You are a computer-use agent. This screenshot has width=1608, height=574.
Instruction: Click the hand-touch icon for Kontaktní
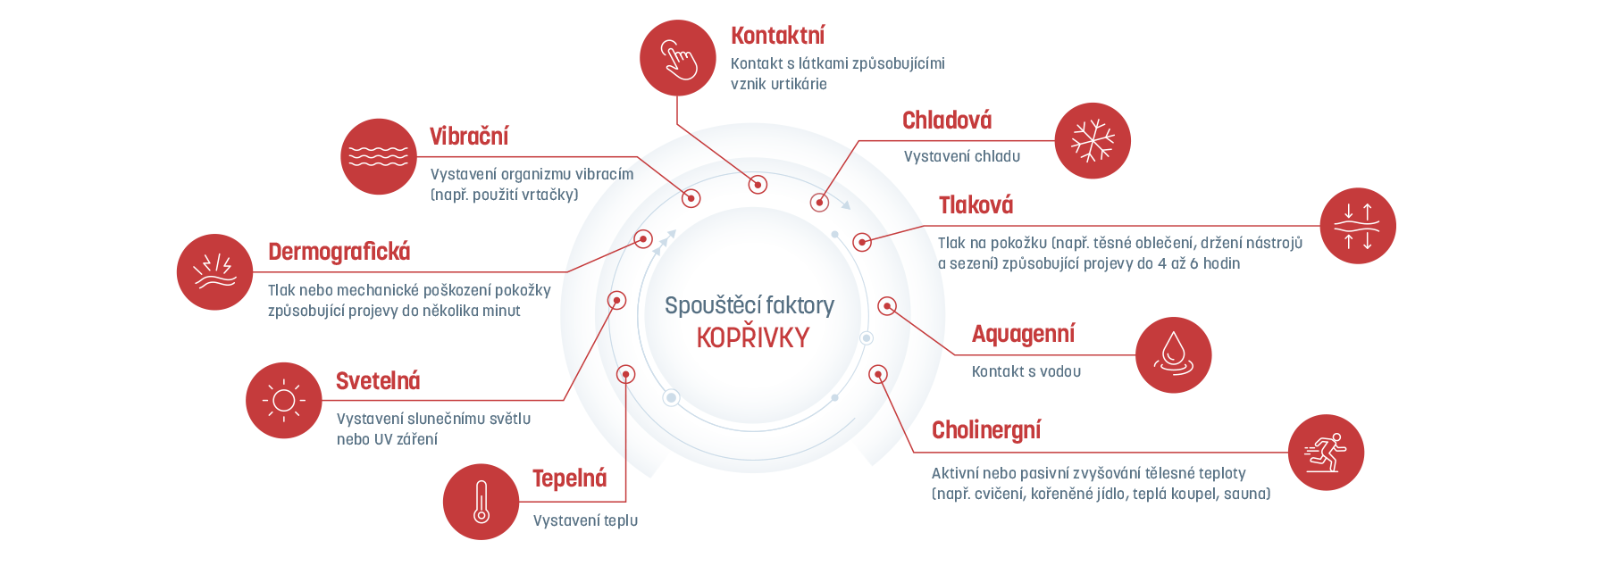point(678,58)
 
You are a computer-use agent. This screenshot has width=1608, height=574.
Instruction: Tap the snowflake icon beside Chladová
point(1093,141)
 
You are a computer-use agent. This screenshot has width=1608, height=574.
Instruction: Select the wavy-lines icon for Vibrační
point(379,157)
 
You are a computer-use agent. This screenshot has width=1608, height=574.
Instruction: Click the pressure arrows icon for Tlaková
point(1358,226)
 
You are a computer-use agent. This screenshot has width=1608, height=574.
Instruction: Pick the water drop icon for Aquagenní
point(1173,355)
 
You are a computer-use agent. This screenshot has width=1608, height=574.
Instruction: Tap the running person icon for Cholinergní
point(1326,453)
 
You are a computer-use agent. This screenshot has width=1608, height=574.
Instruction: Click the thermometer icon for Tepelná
point(481,502)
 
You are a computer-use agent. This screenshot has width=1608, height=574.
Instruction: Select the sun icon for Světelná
point(284,400)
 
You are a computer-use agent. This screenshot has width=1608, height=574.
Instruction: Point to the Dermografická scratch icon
point(214,272)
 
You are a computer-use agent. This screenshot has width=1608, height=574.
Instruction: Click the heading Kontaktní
point(777,36)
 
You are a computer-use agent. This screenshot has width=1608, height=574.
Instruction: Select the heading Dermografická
point(339,252)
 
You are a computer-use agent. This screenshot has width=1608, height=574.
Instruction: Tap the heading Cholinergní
point(986,430)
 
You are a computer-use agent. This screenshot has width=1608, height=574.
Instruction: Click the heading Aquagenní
point(1023,334)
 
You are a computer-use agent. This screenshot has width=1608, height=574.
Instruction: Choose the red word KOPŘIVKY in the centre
point(752,337)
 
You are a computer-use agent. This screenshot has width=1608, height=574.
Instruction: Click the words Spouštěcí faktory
point(750,305)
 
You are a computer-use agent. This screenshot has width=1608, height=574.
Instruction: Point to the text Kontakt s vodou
point(1026,371)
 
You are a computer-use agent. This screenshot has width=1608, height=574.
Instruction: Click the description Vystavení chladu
point(961,156)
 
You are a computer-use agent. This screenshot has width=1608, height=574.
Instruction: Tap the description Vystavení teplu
point(585,520)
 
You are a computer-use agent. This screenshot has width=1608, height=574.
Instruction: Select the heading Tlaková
point(976,205)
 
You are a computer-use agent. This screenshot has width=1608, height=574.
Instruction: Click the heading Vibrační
point(469,137)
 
